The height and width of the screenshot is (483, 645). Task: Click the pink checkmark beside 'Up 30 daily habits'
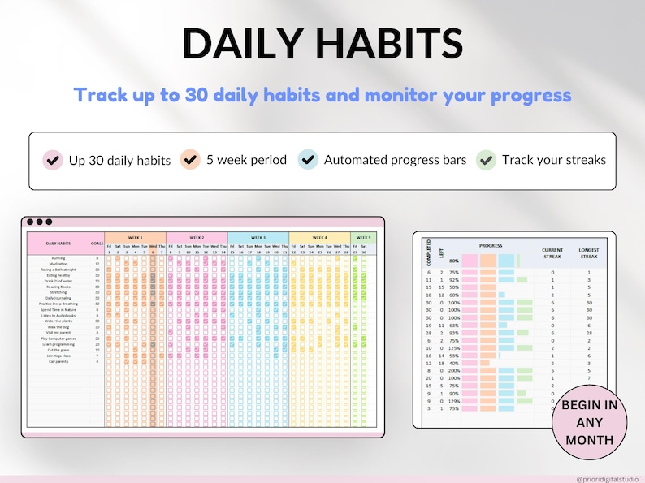point(53,159)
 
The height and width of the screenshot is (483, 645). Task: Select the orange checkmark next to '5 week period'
point(191,159)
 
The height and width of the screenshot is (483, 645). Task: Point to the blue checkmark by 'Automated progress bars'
point(308,159)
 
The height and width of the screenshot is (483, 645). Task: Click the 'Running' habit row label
point(58,257)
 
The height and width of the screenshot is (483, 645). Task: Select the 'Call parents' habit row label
point(58,361)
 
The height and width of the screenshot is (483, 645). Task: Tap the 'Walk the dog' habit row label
point(58,326)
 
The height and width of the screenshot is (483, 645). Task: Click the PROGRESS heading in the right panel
point(491,244)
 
